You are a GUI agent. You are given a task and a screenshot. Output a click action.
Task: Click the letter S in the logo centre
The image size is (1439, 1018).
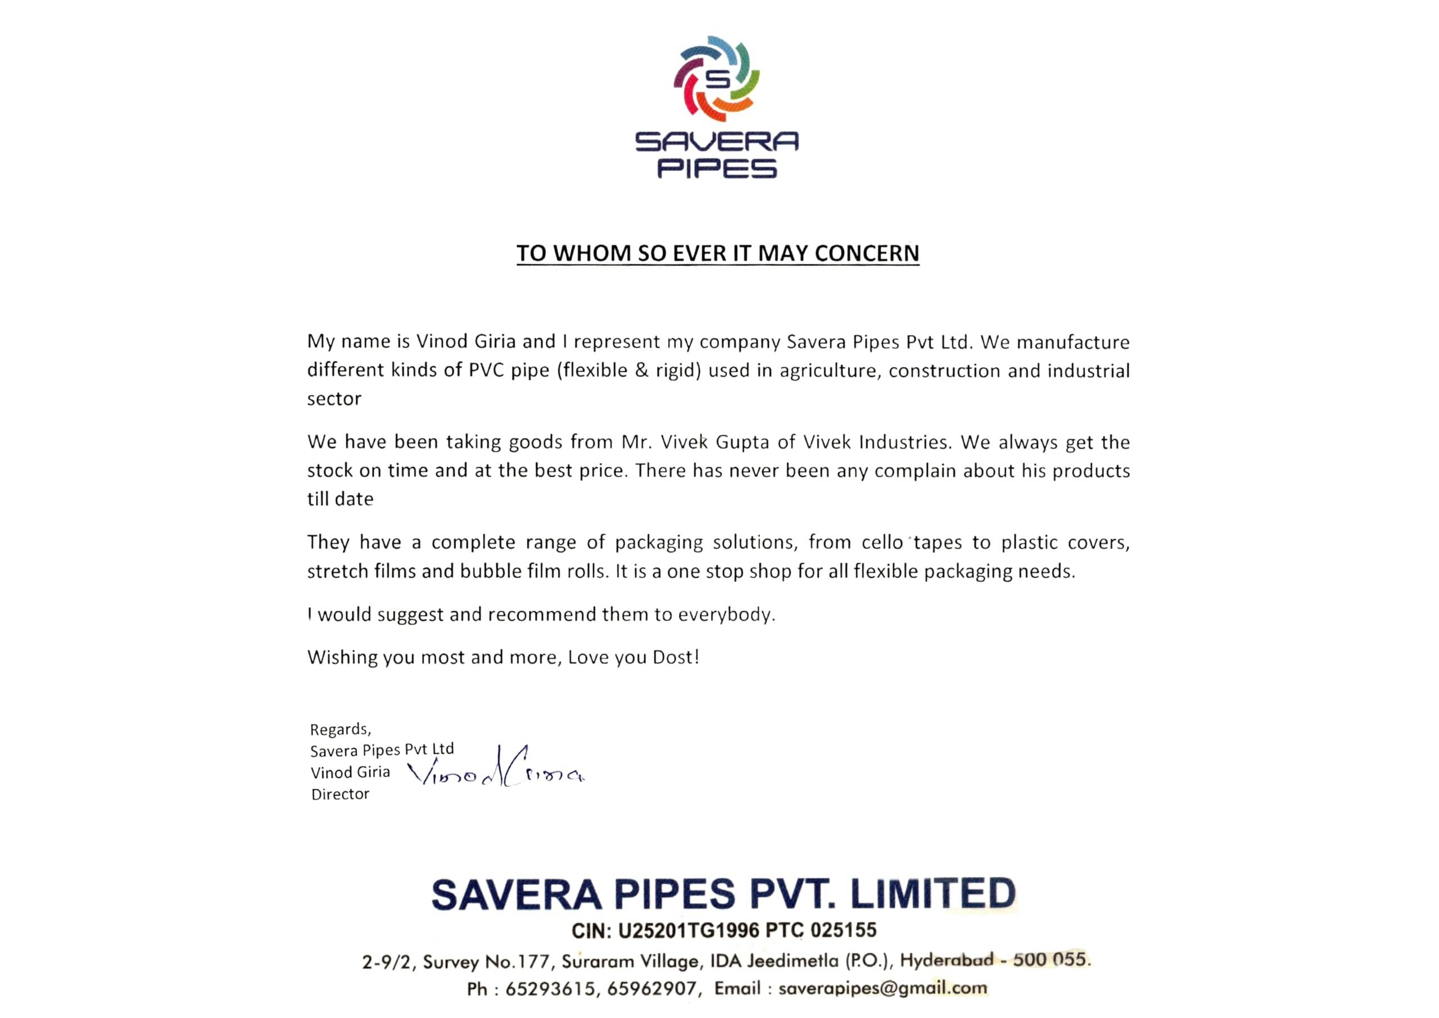tap(718, 80)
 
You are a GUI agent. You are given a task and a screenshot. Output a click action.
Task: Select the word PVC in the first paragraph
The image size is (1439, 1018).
tap(486, 370)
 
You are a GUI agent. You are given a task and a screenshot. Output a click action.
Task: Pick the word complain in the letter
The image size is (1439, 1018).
tap(915, 470)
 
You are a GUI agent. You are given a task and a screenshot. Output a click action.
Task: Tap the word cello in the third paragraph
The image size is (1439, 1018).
tap(882, 542)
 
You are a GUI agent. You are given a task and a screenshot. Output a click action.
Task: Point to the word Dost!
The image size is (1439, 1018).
tap(676, 657)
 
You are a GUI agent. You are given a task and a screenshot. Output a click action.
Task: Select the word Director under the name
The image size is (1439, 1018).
tap(340, 794)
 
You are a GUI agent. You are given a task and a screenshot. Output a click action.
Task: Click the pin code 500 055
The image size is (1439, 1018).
tap(1051, 960)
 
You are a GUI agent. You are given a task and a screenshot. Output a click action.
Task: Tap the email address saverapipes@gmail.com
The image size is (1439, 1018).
tap(883, 989)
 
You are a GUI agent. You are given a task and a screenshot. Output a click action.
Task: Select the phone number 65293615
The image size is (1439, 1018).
tap(550, 989)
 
